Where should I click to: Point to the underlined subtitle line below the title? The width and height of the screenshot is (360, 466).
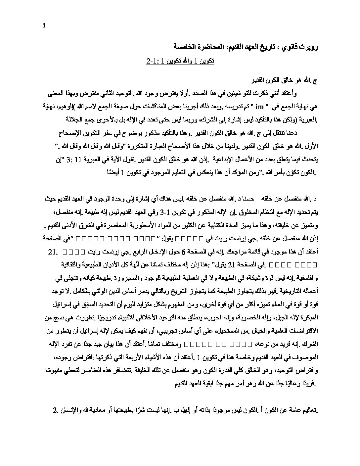180,62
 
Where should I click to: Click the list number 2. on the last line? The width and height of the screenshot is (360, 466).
55,411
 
